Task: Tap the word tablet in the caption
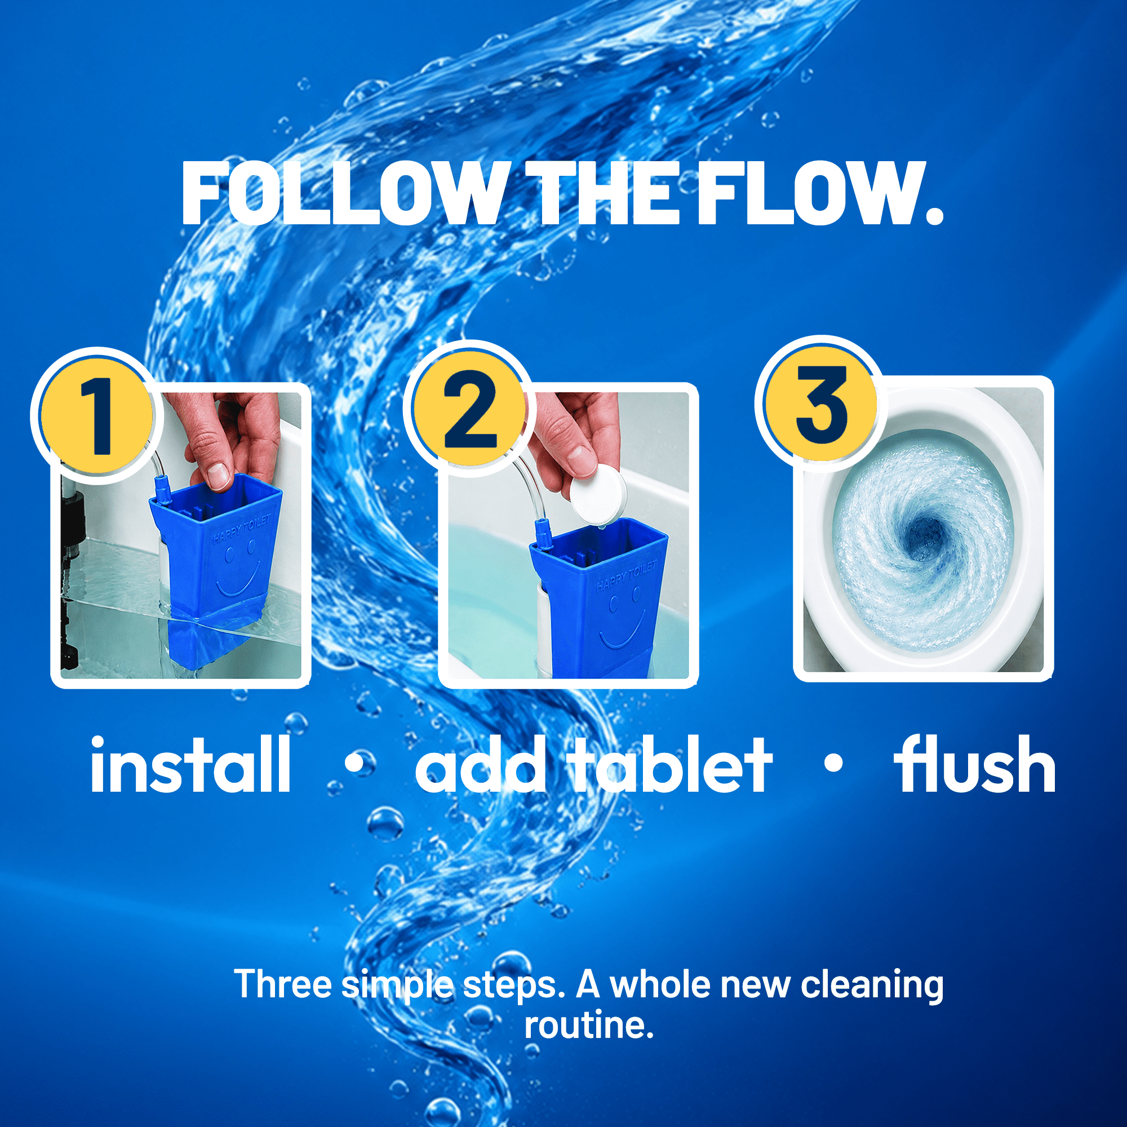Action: pyautogui.click(x=671, y=764)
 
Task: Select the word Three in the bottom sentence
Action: pyautogui.click(x=283, y=984)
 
